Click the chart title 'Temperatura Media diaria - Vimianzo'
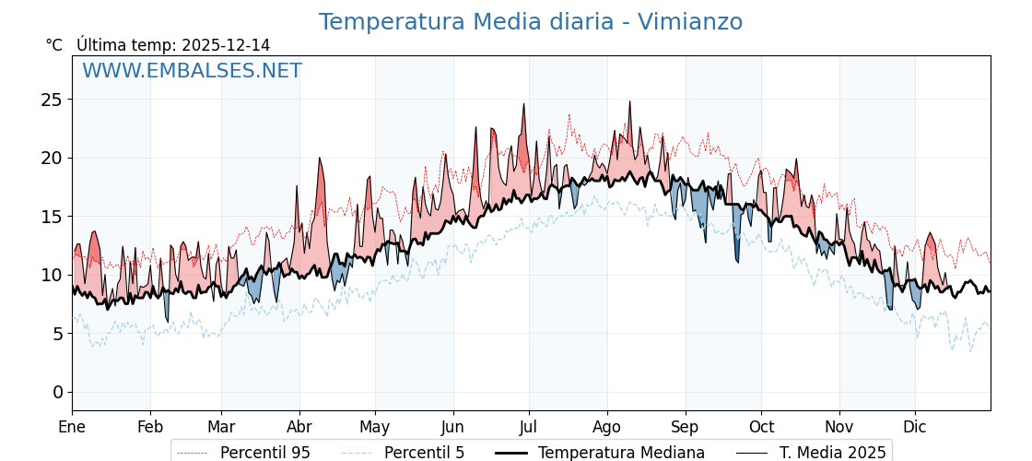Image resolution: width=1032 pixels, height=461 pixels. [x=530, y=22]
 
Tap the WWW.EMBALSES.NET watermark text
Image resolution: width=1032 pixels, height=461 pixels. [x=192, y=71]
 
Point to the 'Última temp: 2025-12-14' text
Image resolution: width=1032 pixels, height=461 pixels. [x=173, y=45]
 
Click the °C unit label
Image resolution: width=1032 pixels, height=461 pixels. [x=54, y=45]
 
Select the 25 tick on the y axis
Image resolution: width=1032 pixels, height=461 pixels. [x=52, y=100]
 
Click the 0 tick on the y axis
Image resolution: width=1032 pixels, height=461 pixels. [x=57, y=392]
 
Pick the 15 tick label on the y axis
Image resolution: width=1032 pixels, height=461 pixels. [x=52, y=217]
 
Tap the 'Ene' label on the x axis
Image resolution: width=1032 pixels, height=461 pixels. [x=72, y=427]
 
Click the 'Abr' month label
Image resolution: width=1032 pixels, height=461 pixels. [x=299, y=427]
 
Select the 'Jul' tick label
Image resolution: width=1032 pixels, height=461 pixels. [x=529, y=427]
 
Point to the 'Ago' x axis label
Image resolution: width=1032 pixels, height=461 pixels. [x=606, y=427]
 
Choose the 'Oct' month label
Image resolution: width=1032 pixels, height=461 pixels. [x=761, y=427]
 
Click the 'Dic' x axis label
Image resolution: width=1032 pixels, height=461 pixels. [x=915, y=427]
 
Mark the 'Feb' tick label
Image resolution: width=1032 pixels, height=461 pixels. [x=150, y=427]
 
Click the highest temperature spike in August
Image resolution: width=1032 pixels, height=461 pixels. [x=630, y=103]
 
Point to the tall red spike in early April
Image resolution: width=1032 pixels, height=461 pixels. [x=320, y=160]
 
